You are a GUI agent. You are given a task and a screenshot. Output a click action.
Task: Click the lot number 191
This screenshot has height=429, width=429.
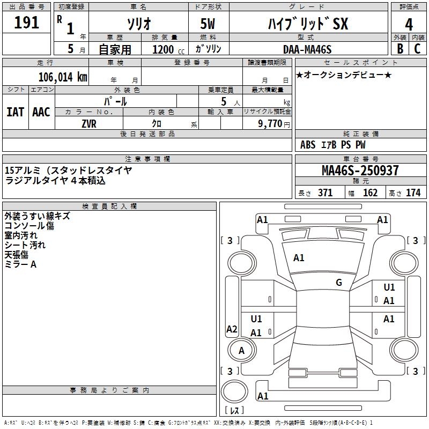26,23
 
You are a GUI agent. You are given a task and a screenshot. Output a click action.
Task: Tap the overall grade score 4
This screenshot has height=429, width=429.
409,24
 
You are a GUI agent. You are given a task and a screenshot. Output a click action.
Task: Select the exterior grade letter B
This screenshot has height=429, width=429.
400,49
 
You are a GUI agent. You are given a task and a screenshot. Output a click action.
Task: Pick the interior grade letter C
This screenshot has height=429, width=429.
417,49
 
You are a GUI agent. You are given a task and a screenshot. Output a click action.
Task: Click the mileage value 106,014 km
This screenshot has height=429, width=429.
63,77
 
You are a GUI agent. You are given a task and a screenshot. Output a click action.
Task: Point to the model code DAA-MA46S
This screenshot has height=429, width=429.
307,49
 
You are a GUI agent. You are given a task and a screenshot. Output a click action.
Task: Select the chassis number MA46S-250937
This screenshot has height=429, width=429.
360,170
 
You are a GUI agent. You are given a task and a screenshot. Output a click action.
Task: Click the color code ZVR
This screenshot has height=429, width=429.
89,124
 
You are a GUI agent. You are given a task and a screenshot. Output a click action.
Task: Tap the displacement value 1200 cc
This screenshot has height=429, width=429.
168,49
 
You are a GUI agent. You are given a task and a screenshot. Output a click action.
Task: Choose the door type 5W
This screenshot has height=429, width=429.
208,24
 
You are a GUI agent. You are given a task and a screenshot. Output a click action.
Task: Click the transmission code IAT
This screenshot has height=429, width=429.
16,112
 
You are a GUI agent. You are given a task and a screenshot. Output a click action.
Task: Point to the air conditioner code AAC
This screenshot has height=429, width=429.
41,112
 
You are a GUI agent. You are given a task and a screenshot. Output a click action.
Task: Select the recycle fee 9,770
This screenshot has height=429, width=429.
270,123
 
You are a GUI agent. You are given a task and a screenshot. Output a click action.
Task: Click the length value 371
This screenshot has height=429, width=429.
326,193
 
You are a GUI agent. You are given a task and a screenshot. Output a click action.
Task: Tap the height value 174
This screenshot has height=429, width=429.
413,193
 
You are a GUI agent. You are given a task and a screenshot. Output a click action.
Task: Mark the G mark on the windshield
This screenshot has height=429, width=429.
339,283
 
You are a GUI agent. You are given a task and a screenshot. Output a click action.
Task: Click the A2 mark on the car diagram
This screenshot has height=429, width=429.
232,329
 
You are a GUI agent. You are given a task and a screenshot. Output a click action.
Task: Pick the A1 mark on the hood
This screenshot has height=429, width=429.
299,258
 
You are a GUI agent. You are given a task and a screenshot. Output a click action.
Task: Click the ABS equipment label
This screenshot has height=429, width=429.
308,145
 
